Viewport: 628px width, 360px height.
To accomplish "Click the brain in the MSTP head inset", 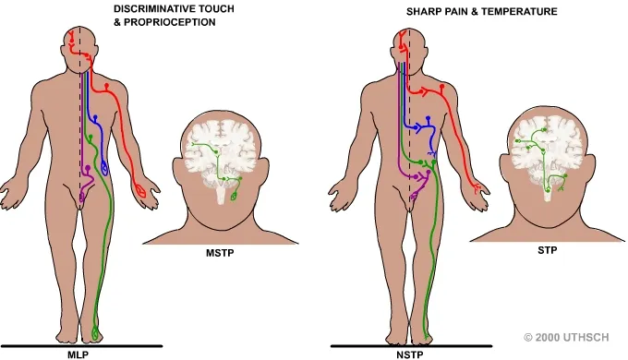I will (220, 152).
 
